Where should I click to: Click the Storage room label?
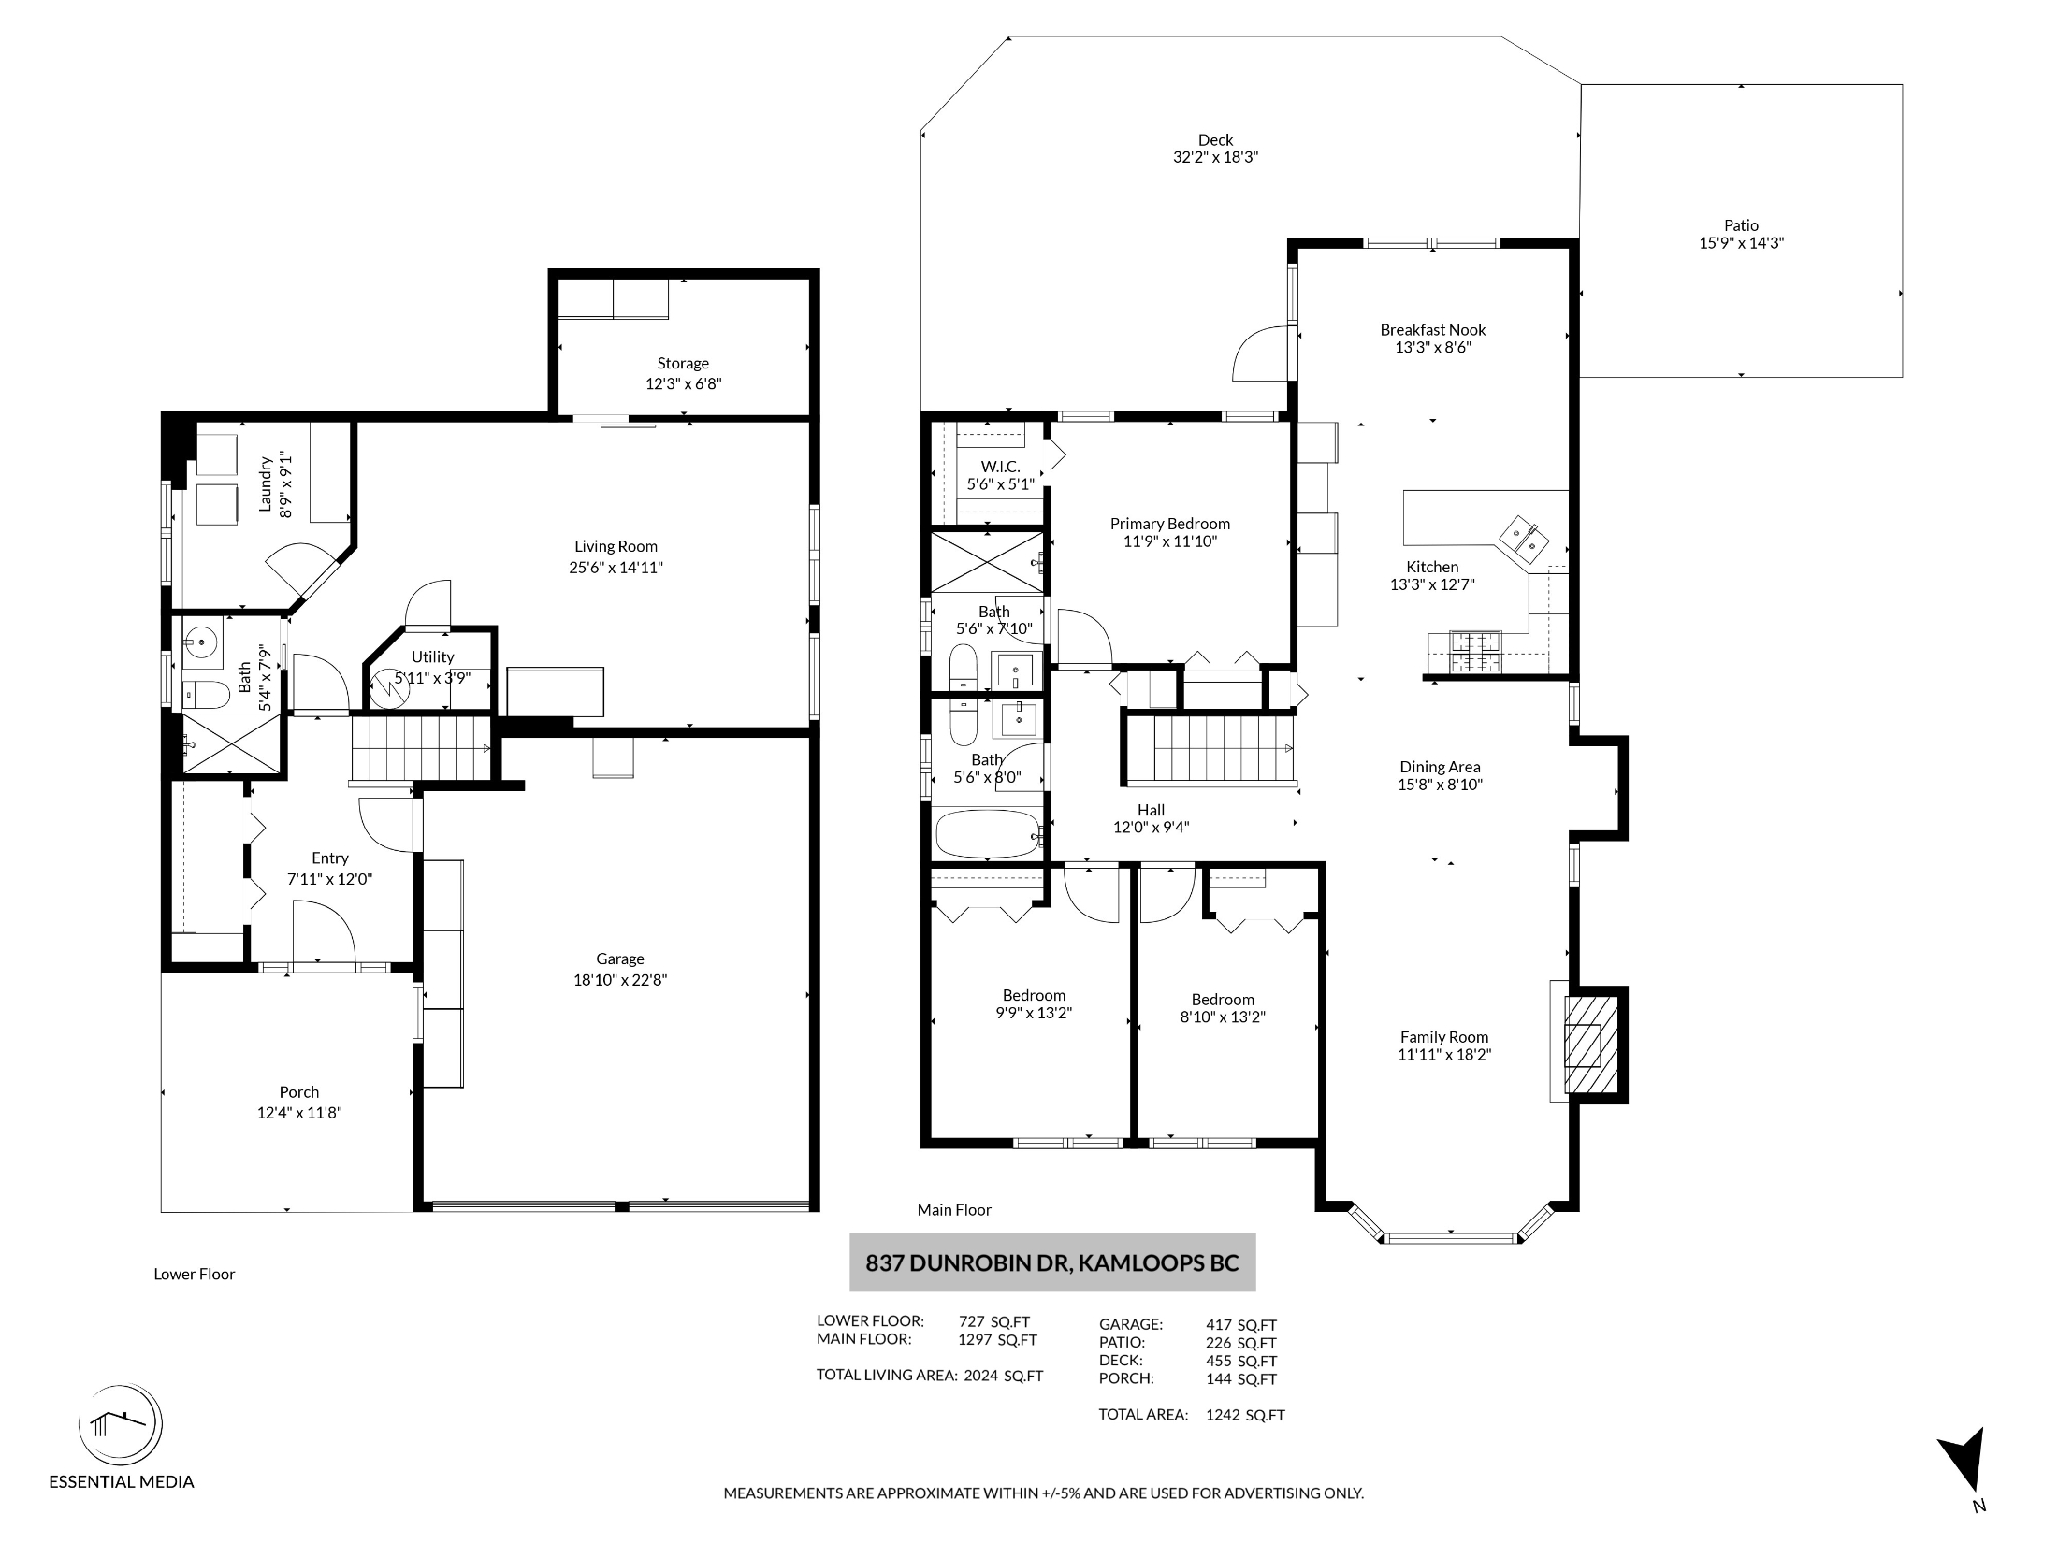(683, 363)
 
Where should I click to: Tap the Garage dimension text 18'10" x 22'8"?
(620, 980)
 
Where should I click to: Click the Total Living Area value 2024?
(981, 1376)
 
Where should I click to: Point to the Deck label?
(1215, 140)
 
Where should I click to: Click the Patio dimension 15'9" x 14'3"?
(1742, 243)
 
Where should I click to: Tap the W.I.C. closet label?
(1000, 467)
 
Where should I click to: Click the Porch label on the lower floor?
(299, 1092)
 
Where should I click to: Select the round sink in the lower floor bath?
(201, 642)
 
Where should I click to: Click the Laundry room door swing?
(302, 570)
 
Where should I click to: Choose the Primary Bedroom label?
(1170, 524)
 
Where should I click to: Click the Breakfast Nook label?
(1433, 329)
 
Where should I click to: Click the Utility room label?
(433, 657)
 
